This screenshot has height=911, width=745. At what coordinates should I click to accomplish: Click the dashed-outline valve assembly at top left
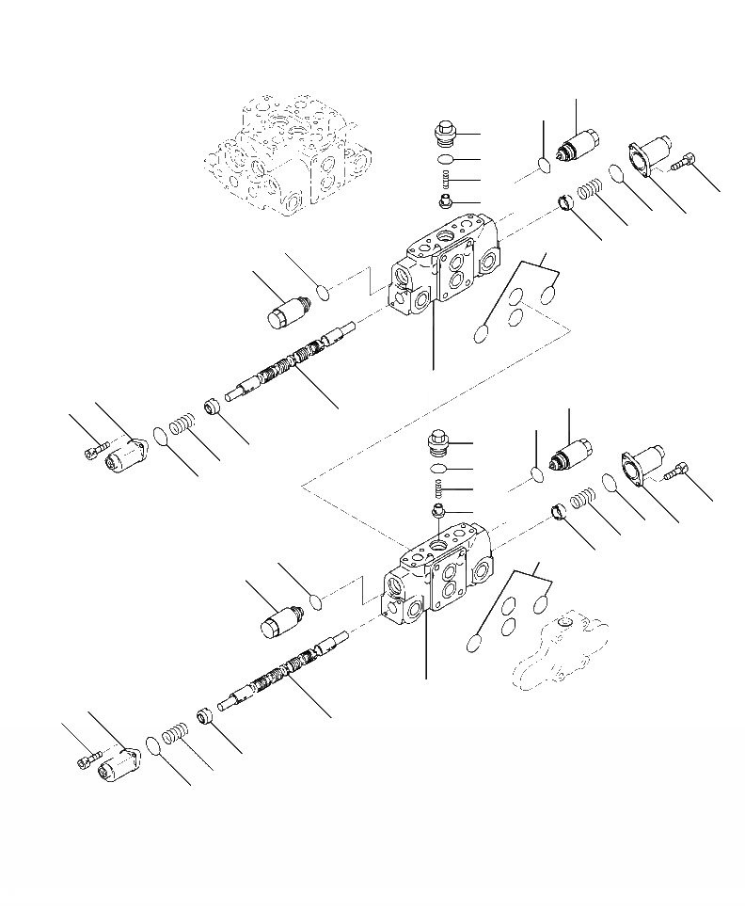point(287,155)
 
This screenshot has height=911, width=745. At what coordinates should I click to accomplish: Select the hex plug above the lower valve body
point(438,441)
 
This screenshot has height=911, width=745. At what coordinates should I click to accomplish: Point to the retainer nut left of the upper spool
point(211,410)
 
